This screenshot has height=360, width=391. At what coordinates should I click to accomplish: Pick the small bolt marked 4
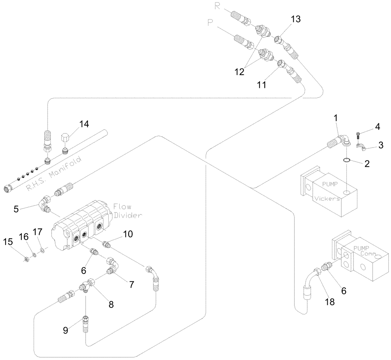pos(359,135)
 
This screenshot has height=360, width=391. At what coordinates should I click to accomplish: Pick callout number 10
pos(127,234)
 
